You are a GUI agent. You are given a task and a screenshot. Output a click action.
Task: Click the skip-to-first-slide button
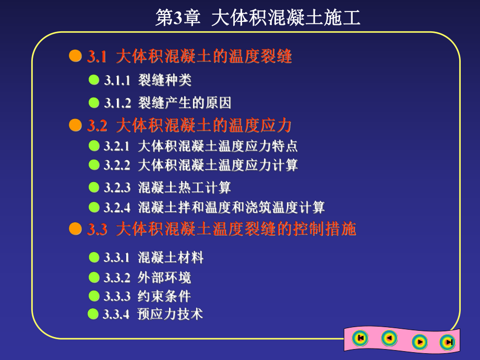pyautogui.click(x=359, y=338)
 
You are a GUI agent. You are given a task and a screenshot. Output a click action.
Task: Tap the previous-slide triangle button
pyautogui.click(x=389, y=339)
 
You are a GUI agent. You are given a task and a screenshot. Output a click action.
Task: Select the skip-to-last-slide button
pyautogui.click(x=447, y=342)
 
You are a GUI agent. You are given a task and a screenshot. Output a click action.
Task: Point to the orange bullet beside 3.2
pyautogui.click(x=76, y=125)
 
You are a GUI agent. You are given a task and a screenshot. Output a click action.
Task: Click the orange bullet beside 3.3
pyautogui.click(x=76, y=229)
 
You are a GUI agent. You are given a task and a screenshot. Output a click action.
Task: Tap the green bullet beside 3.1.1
pyautogui.click(x=94, y=80)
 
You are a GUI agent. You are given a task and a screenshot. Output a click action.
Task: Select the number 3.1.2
pyautogui.click(x=117, y=103)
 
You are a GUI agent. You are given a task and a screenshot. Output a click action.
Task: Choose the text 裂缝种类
pyautogui.click(x=165, y=80)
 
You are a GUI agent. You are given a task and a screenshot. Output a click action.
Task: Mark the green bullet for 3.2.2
pyautogui.click(x=94, y=165)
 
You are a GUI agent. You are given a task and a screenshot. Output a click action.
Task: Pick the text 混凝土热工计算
pyautogui.click(x=184, y=187)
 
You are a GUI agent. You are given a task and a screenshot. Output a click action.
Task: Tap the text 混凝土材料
pyautogui.click(x=171, y=258)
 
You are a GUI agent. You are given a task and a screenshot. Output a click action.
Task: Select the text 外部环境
pyautogui.click(x=164, y=277)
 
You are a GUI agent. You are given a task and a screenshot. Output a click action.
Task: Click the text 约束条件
pyautogui.click(x=164, y=296)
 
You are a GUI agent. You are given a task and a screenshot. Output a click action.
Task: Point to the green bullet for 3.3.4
pyautogui.click(x=93, y=314)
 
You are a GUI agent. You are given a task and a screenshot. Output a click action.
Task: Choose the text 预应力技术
pyautogui.click(x=170, y=314)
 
